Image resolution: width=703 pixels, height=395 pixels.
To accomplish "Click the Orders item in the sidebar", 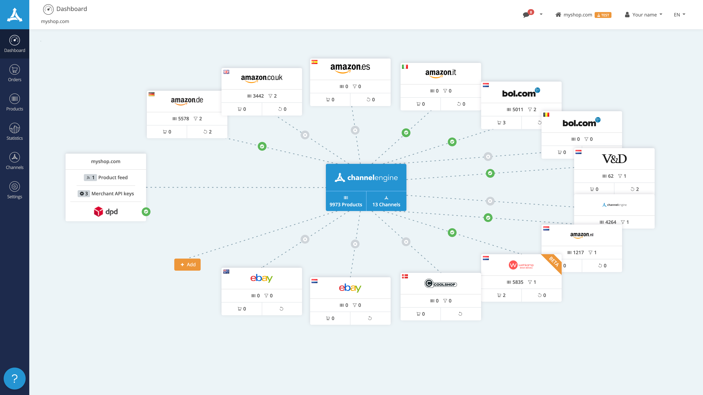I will [15, 73].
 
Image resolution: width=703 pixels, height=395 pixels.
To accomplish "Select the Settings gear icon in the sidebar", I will [15, 187].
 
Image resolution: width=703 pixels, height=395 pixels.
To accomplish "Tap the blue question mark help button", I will [15, 378].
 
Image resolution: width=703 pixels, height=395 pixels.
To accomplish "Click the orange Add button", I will [187, 264].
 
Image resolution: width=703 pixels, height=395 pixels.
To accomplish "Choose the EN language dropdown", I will [679, 15].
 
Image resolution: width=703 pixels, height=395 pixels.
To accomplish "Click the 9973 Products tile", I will [346, 201].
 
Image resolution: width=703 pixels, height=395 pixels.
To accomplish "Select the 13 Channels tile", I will [386, 201].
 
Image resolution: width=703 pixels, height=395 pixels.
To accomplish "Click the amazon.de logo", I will [187, 100].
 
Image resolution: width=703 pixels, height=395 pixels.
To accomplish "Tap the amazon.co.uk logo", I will [261, 78].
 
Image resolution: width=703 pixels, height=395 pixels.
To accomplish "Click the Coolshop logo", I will [440, 284].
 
